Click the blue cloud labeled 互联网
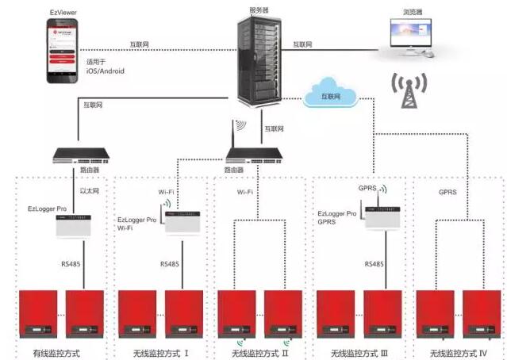click(x=330, y=94)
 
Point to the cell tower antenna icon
click(x=409, y=92)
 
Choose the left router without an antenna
click(x=79, y=155)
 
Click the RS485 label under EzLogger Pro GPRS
click(x=374, y=263)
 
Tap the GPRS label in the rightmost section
click(x=449, y=192)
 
